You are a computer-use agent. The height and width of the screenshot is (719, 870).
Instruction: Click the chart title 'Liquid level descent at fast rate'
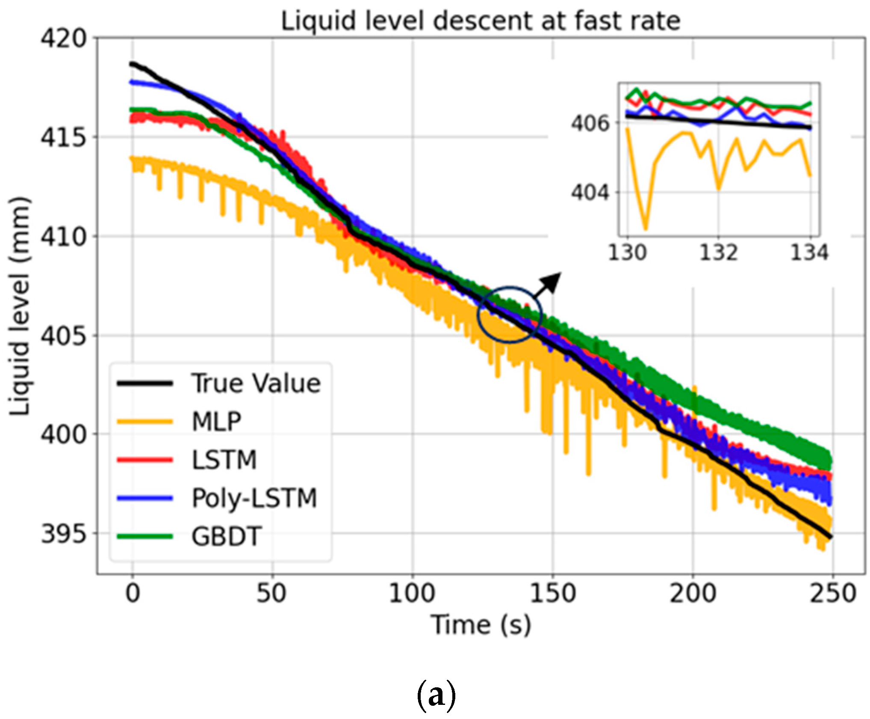pyautogui.click(x=480, y=21)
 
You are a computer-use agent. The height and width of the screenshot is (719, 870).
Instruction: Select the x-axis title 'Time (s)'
pyautogui.click(x=481, y=625)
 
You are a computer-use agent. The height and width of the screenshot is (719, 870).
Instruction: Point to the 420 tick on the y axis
pyautogui.click(x=63, y=39)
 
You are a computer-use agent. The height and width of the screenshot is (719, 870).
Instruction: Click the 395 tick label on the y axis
pyautogui.click(x=63, y=534)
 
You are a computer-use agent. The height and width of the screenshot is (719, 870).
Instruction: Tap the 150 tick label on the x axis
pyautogui.click(x=552, y=594)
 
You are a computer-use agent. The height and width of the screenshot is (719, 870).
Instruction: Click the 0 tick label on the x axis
pyautogui.click(x=133, y=594)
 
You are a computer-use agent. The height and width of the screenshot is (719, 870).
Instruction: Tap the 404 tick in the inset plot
pyautogui.click(x=590, y=192)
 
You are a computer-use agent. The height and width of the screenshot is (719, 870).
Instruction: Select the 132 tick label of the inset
pyautogui.click(x=719, y=253)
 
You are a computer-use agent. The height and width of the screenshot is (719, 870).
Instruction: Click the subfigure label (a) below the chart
pyautogui.click(x=436, y=695)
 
